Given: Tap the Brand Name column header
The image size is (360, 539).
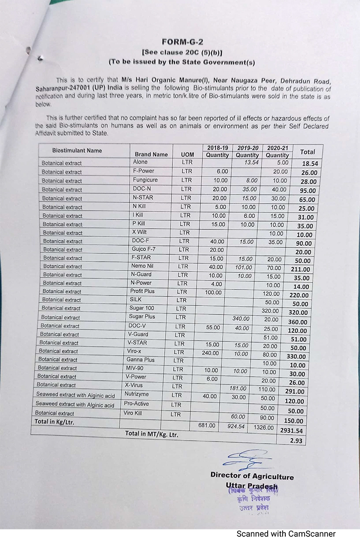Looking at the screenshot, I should click(x=151, y=154).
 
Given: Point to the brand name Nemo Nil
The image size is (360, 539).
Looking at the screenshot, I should click(x=142, y=266).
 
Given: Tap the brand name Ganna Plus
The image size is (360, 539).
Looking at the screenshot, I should click(x=140, y=359).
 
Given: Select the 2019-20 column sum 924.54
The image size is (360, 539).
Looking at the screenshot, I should click(x=238, y=426).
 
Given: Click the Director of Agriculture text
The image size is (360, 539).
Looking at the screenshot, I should click(x=252, y=476).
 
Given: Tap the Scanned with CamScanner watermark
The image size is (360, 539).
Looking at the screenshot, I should click(x=286, y=534).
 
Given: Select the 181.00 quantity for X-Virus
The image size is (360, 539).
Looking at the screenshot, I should click(x=238, y=388).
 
